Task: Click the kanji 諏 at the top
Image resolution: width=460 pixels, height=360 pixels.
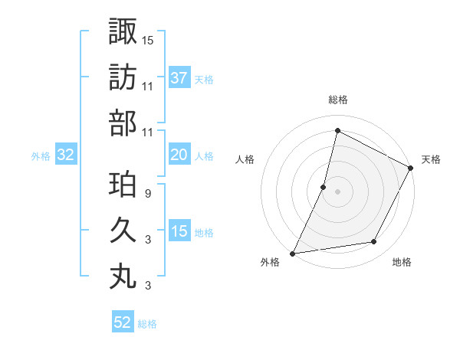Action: click(123, 33)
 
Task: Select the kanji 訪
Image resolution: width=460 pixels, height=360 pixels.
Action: click(123, 78)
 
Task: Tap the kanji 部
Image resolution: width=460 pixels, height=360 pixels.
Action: click(123, 123)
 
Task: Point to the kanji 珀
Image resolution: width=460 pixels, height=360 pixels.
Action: click(123, 186)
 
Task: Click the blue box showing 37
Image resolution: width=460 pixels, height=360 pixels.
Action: click(179, 78)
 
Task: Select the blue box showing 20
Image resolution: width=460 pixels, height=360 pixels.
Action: click(179, 155)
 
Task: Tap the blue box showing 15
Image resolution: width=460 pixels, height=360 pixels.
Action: click(179, 231)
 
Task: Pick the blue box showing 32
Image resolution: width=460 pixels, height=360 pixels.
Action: click(66, 155)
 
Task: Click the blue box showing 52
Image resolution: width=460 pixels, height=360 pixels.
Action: click(123, 322)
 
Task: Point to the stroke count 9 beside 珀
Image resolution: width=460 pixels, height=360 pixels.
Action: click(148, 193)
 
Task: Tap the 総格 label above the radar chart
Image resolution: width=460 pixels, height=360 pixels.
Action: click(337, 100)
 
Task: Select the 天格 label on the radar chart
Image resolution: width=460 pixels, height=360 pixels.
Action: click(431, 159)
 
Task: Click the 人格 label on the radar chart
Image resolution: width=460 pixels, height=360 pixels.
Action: click(245, 159)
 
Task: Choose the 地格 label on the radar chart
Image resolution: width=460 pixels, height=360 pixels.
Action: click(402, 262)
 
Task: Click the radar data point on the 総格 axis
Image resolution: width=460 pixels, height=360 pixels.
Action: click(337, 131)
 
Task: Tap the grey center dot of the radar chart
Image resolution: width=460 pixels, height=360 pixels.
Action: click(337, 191)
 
